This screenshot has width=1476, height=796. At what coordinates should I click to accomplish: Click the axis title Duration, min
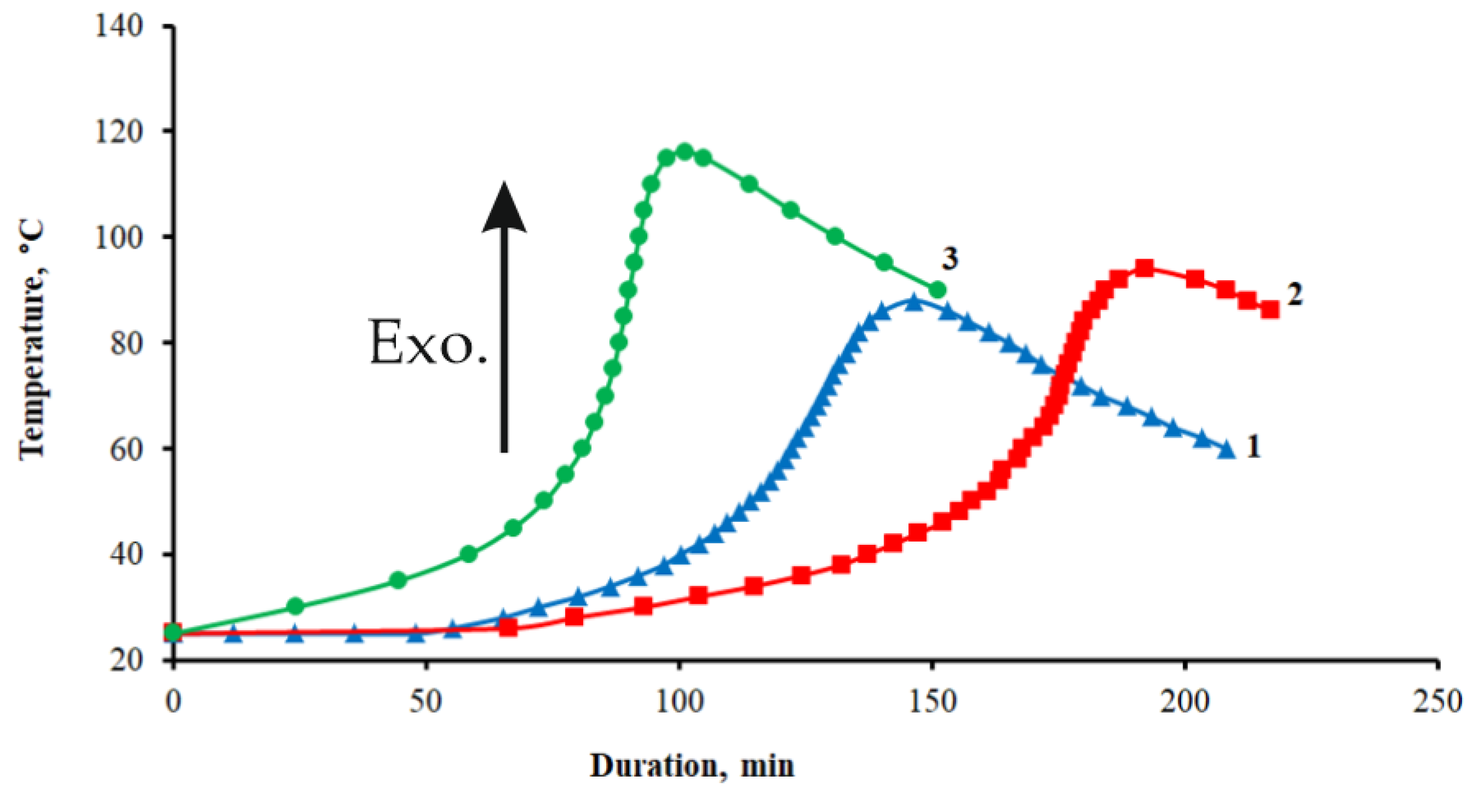692,766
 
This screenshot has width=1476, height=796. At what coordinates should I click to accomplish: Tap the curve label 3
950,259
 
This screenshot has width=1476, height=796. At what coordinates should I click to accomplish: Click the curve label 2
1294,294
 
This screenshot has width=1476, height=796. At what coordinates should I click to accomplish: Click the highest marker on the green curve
684,152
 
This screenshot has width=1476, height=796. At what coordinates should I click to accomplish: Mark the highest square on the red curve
1144,268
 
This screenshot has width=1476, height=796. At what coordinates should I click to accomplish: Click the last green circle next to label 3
938,289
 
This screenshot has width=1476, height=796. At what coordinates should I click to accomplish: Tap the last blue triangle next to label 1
1226,450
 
